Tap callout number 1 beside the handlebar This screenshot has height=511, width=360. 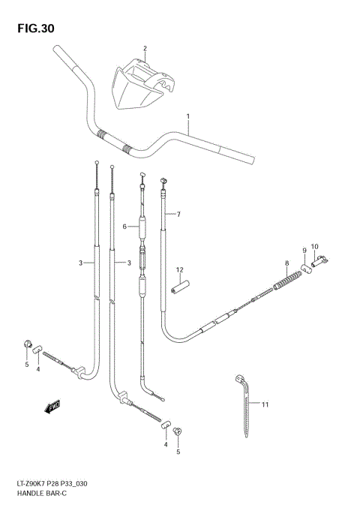click(x=188, y=116)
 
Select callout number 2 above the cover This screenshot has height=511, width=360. click(x=145, y=49)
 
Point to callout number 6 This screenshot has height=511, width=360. click(x=124, y=225)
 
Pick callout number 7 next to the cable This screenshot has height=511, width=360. click(x=178, y=215)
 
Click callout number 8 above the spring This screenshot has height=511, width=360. click(x=286, y=263)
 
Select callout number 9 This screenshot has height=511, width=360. click(x=304, y=250)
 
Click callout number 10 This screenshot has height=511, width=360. click(x=315, y=246)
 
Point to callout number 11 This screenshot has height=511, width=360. click(x=265, y=404)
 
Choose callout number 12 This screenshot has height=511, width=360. click(x=179, y=269)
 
